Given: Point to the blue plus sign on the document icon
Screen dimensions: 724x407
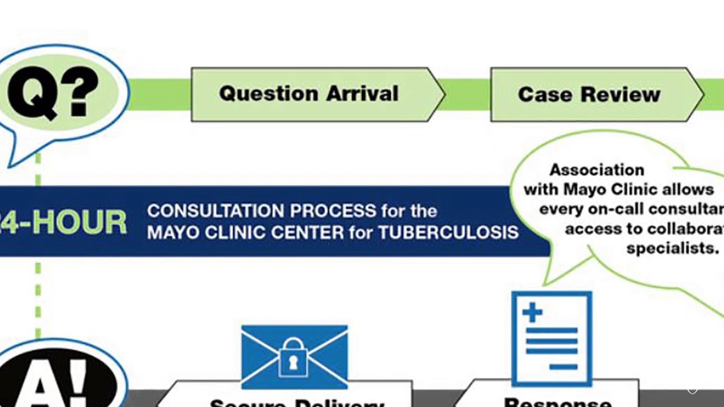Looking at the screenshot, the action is pos(532,313).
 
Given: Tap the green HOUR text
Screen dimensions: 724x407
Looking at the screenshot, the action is pos(79,222).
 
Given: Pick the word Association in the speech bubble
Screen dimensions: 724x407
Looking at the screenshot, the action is pos(597,170).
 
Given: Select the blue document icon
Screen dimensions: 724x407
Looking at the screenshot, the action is pos(551,338).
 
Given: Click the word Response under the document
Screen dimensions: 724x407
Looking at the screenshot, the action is pos(557,402).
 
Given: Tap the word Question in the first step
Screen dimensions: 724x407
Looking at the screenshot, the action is pos(269,93).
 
